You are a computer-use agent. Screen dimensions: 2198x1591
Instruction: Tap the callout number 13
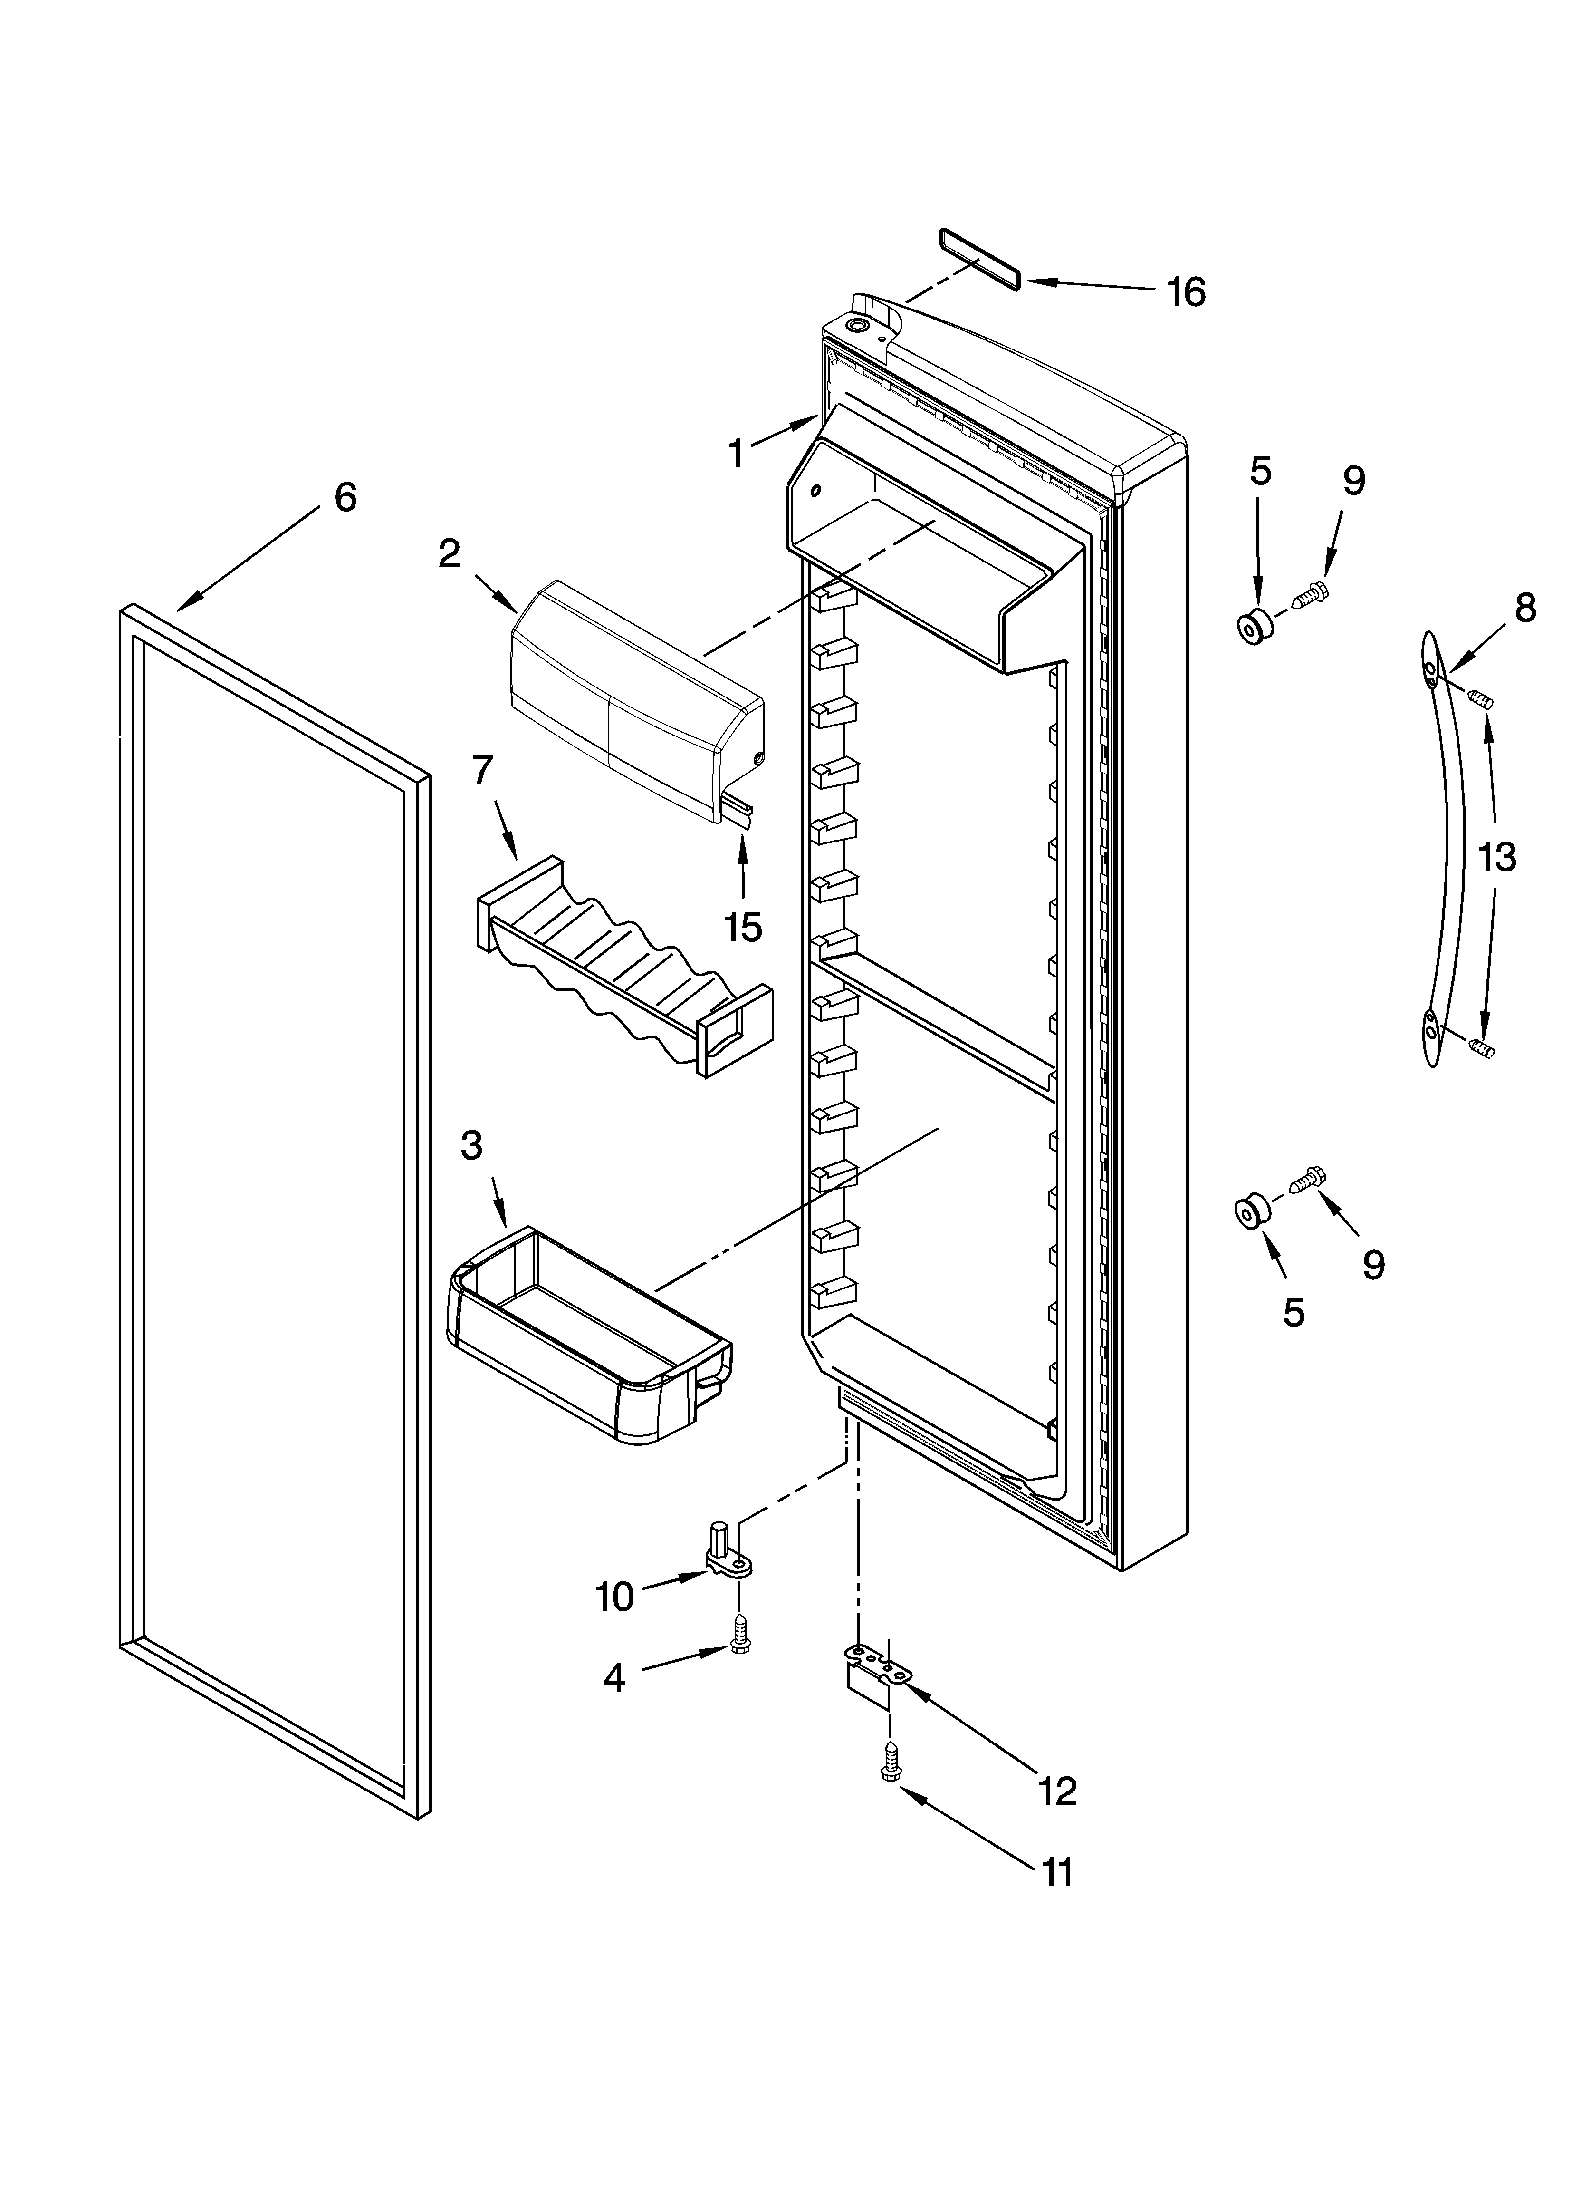[1497, 857]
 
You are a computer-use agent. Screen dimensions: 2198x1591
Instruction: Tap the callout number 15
[743, 928]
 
